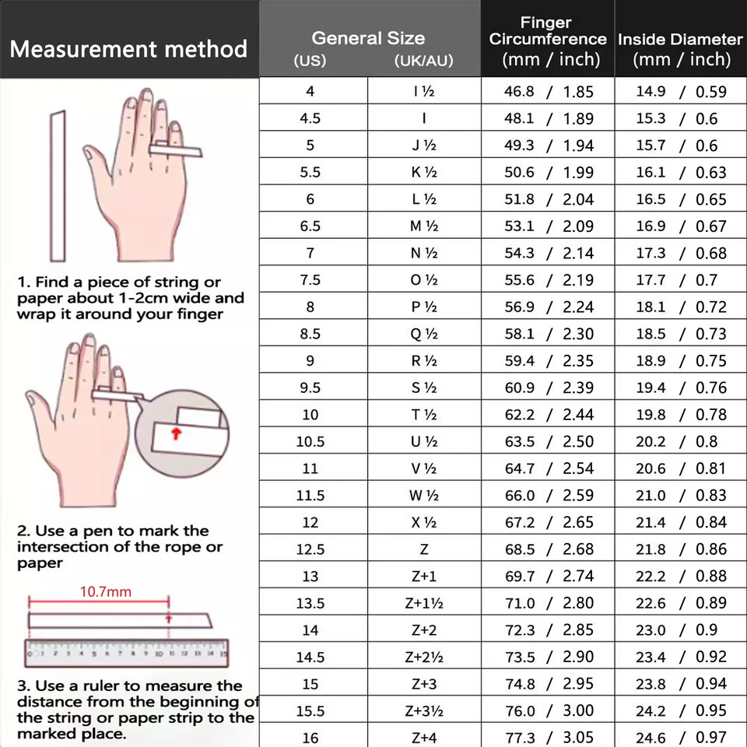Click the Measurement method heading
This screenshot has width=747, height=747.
pos(128,50)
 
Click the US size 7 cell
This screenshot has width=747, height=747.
pos(310,253)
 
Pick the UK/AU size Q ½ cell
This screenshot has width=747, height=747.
pos(424,334)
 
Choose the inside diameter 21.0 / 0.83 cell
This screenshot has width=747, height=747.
pos(681,496)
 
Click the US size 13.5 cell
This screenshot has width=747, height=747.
pos(310,603)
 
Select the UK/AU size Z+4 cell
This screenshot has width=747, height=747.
pos(424,738)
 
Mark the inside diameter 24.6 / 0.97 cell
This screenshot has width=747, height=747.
pos(681,738)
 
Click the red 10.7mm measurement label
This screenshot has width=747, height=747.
pos(106,591)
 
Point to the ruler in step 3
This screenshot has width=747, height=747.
pos(126,653)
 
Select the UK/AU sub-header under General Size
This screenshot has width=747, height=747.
pos(423,61)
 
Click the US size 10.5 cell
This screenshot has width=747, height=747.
pos(310,441)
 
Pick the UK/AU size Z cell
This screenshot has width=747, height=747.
pos(424,549)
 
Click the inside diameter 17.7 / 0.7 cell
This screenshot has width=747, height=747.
pos(681,280)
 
